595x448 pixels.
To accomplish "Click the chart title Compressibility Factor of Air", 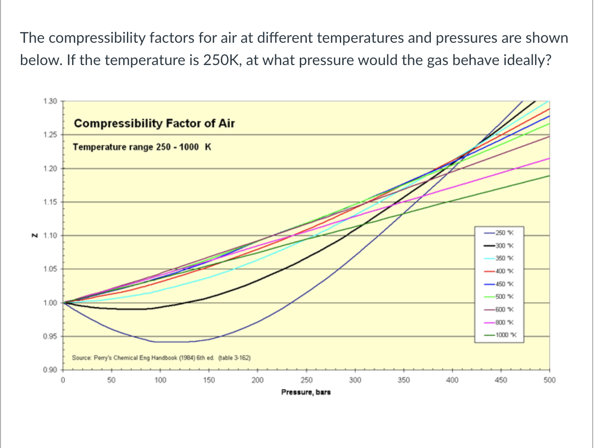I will [x=154, y=124].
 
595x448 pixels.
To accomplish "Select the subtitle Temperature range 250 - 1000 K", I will [x=142, y=147].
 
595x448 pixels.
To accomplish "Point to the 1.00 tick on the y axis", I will [x=50, y=303].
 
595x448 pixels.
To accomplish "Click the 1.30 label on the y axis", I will [x=50, y=101].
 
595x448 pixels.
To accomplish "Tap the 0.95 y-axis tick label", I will [x=50, y=336].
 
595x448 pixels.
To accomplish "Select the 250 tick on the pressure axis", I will [x=306, y=380].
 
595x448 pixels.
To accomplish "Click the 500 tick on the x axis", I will [x=549, y=380].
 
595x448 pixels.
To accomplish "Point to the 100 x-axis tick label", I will [x=160, y=380].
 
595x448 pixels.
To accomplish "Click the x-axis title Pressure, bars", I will [x=306, y=392].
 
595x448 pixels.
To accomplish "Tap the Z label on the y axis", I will [x=33, y=236].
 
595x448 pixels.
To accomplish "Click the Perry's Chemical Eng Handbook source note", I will [x=161, y=358].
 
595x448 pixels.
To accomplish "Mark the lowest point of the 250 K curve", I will [x=172, y=342].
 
